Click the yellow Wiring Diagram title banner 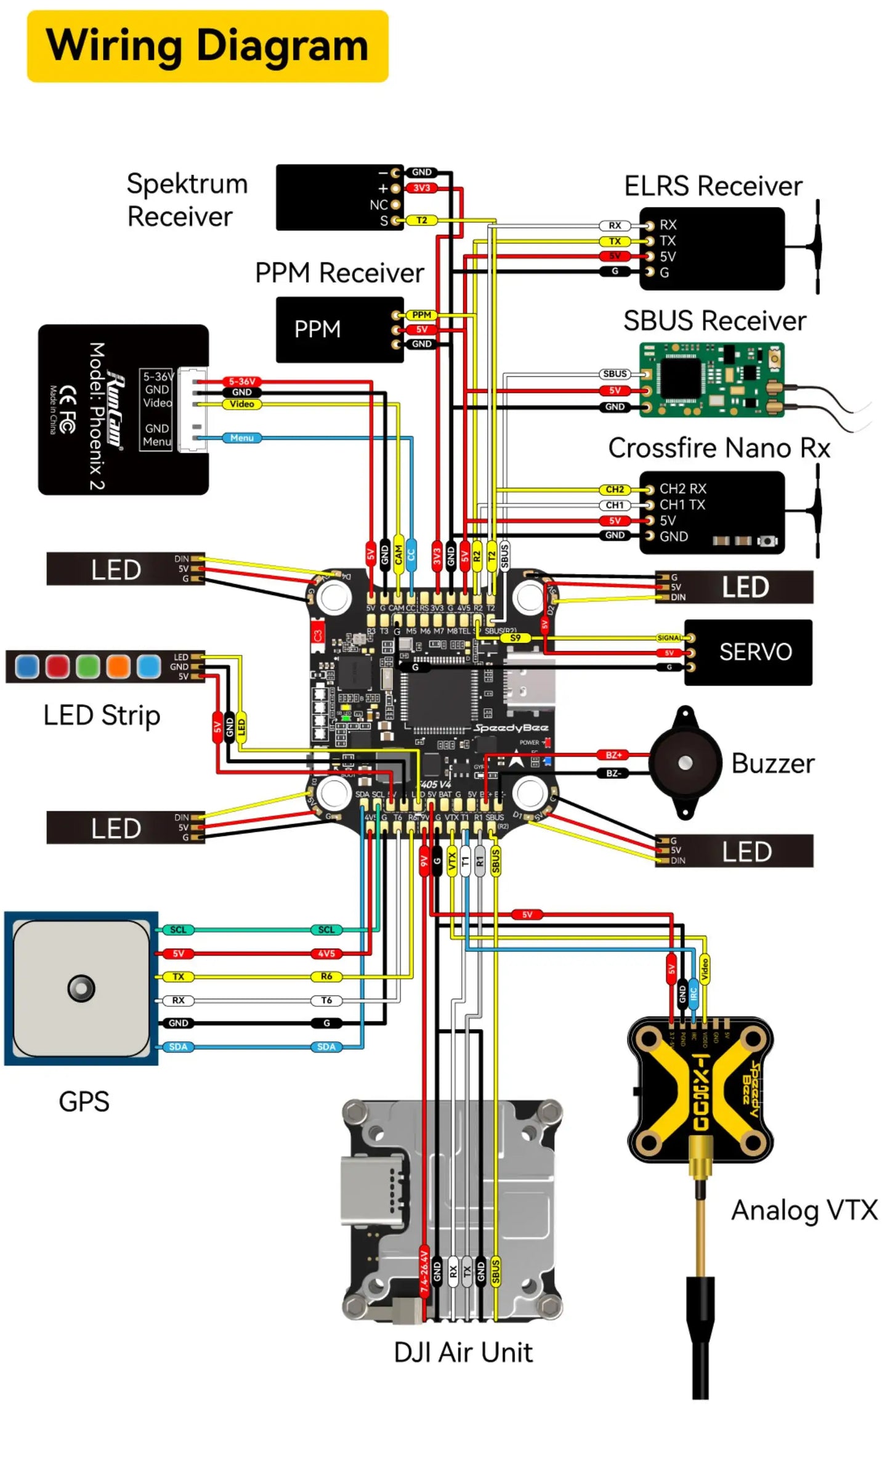[x=208, y=46]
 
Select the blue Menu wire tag [x=241, y=438]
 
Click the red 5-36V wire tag [x=241, y=381]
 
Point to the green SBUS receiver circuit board [x=711, y=380]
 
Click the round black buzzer [x=685, y=763]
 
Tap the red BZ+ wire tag [x=613, y=755]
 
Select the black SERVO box [x=748, y=652]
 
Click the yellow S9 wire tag [x=516, y=638]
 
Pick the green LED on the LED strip [x=87, y=666]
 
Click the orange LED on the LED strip [x=118, y=666]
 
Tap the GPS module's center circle [x=81, y=988]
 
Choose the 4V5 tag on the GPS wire [x=326, y=954]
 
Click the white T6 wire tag [x=326, y=1000]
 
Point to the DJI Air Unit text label [x=463, y=1353]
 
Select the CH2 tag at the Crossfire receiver [x=614, y=490]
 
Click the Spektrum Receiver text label [x=187, y=200]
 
